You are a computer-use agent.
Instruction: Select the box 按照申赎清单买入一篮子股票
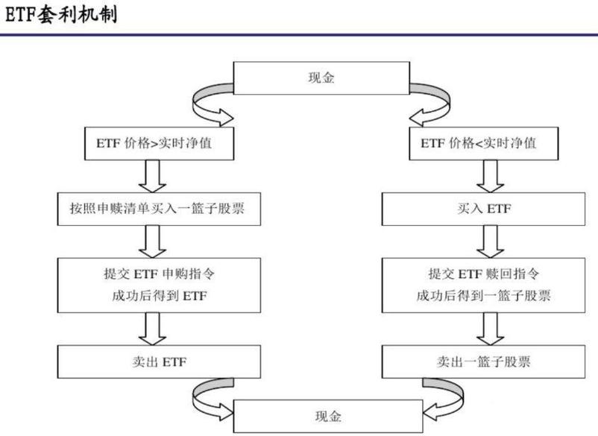click(x=154, y=209)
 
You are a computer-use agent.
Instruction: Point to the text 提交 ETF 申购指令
click(x=154, y=274)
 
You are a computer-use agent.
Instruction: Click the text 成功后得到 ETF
click(x=154, y=296)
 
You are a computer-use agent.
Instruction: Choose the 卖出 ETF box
click(x=154, y=361)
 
